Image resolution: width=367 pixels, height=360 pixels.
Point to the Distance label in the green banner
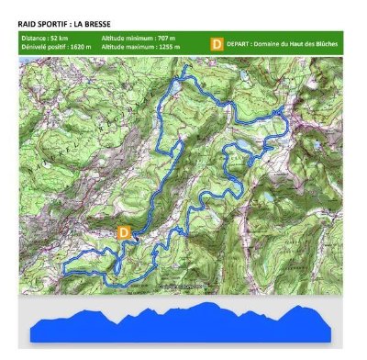click(35, 39)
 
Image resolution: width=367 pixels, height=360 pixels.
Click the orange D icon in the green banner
click(217, 43)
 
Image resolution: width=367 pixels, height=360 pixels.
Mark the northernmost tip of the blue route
click(183, 69)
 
